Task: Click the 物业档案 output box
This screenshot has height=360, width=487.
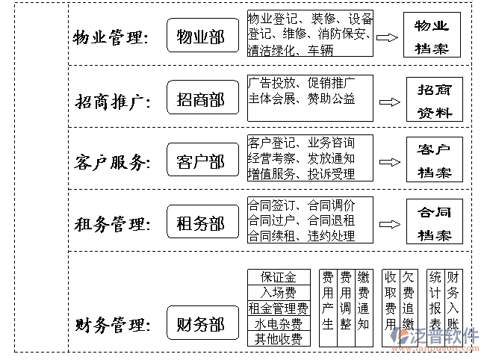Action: click(432, 36)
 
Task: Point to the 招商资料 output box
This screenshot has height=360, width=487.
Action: click(434, 99)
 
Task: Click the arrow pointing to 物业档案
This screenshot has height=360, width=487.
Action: click(387, 37)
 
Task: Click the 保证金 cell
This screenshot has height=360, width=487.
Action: click(278, 277)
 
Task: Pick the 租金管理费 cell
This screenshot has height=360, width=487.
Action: click(278, 307)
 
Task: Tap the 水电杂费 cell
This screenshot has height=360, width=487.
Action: click(278, 323)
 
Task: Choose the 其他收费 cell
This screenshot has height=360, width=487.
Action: click(278, 338)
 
